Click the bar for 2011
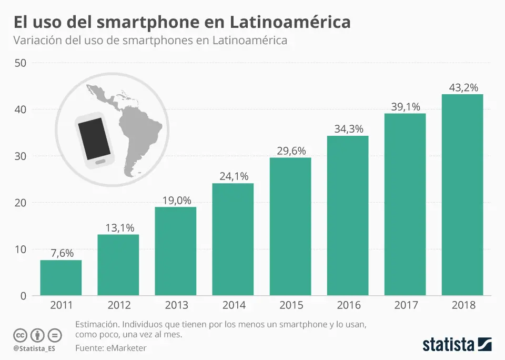[61, 277]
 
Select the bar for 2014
[233, 239]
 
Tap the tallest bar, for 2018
[462, 195]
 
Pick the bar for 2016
[348, 216]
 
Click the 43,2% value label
[463, 88]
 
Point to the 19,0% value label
[176, 201]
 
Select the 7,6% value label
[61, 253]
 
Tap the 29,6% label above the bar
[290, 151]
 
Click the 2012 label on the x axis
[118, 305]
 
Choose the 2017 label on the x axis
[405, 305]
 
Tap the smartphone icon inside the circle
[95, 141]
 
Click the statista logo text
[448, 345]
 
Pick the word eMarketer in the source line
[126, 348]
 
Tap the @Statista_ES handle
[34, 348]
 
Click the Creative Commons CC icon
[20, 335]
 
